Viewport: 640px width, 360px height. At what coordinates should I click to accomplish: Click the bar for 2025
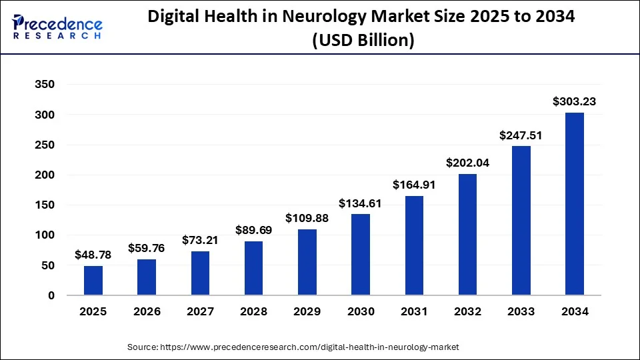point(93,280)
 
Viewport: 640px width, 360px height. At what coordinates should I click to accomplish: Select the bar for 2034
point(575,204)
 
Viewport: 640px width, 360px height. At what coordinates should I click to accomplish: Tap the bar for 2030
point(361,255)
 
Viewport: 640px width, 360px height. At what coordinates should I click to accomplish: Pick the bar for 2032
point(467,235)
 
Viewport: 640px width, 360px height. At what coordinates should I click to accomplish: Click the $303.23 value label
point(574,102)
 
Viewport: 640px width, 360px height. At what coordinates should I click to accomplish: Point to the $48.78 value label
point(93,255)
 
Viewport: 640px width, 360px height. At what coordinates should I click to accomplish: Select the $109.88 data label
point(307,218)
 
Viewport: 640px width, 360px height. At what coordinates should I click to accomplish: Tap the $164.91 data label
point(414,185)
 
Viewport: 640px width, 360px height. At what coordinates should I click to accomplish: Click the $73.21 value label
point(200,240)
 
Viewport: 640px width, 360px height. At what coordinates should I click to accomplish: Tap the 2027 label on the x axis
point(200,311)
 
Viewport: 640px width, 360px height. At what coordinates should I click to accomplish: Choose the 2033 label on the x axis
point(521,311)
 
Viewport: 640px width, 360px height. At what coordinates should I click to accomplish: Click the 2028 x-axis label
point(253,311)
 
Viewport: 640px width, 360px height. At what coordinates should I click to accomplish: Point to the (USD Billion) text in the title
point(363,41)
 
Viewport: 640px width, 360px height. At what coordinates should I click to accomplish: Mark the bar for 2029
point(307,262)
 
